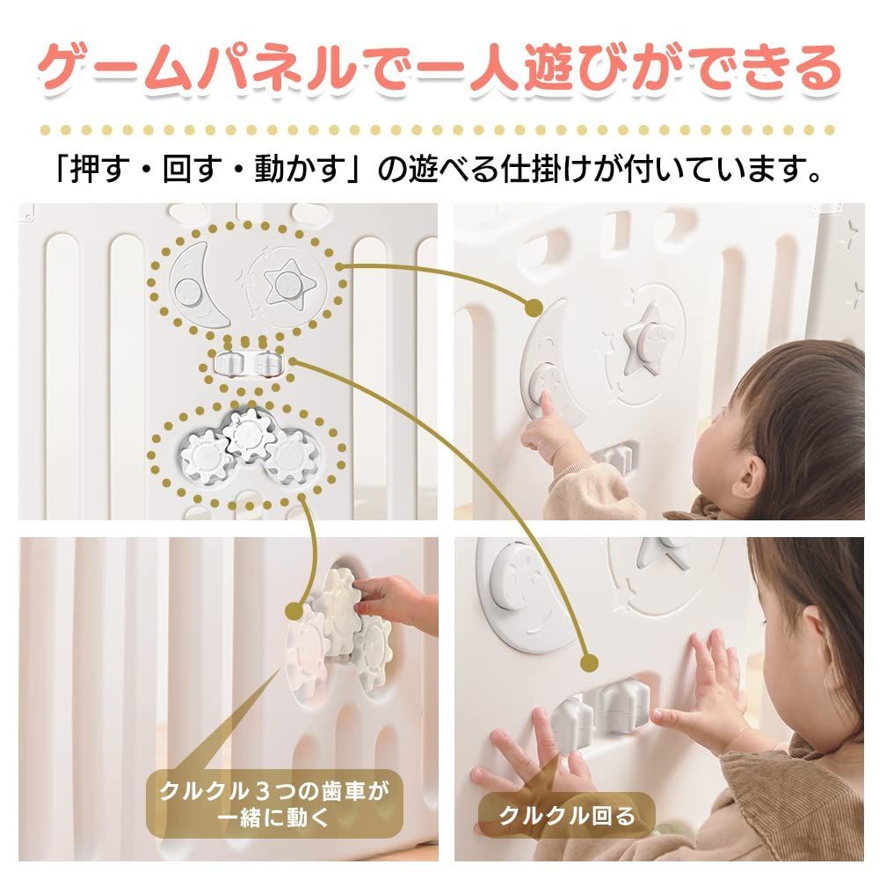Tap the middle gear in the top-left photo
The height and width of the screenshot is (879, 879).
245,434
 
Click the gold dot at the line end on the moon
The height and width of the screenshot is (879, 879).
534,307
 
